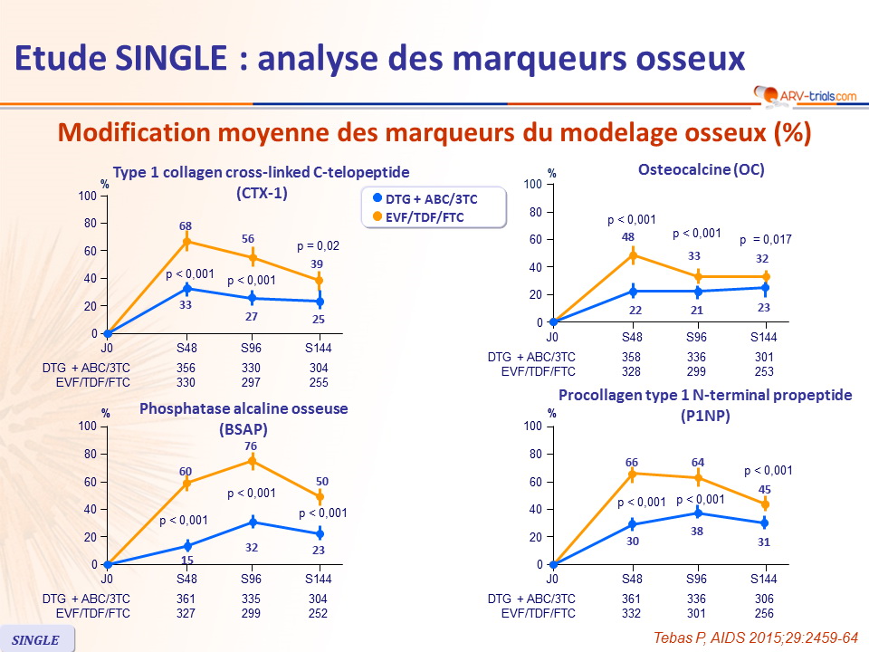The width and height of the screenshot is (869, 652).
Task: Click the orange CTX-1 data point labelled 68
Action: [186, 242]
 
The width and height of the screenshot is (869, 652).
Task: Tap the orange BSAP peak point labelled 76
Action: [253, 461]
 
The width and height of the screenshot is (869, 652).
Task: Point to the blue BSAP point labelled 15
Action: [186, 545]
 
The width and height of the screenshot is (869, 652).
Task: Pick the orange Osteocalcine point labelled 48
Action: [633, 255]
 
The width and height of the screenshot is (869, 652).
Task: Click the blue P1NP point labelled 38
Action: [698, 513]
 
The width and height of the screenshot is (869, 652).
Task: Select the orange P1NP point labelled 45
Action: [764, 503]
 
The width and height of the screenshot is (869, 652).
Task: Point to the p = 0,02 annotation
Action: [318, 245]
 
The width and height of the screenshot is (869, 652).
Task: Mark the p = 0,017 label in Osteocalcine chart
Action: [766, 240]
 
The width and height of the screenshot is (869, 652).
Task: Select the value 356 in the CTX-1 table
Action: [186, 369]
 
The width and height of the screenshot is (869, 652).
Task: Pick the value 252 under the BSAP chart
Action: [318, 612]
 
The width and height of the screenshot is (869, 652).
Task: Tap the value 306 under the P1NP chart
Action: [765, 599]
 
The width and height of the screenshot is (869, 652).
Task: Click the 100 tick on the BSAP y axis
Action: [89, 427]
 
